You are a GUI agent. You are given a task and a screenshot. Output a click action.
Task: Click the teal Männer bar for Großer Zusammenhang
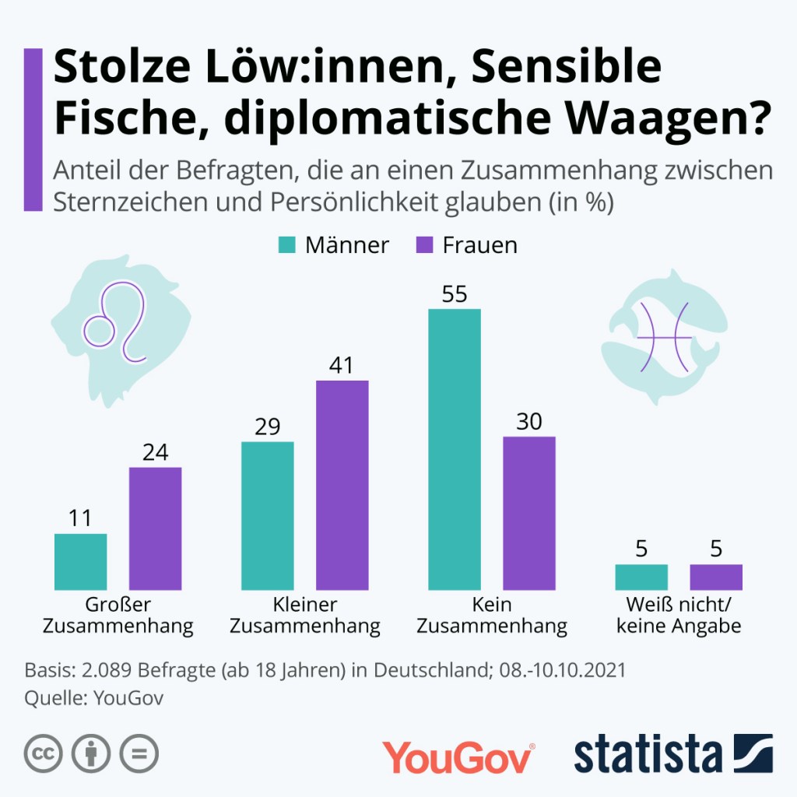coord(80,561)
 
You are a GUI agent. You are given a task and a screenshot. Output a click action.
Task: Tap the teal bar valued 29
coord(267,515)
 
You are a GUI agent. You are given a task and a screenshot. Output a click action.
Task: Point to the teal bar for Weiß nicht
coord(641,577)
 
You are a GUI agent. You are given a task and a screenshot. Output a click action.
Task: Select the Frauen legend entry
coord(467,245)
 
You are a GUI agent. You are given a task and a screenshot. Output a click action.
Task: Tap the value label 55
coord(454,293)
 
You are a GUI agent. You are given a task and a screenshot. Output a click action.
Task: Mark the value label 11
coord(80,518)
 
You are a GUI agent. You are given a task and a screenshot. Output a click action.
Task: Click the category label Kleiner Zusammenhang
coord(304,615)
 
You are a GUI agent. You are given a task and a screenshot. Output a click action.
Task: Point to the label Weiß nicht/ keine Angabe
coord(679,615)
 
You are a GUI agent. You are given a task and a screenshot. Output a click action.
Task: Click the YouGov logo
coord(458,757)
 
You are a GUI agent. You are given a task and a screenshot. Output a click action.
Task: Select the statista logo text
coord(648,755)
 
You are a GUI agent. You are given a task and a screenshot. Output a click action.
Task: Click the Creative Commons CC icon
coord(44,753)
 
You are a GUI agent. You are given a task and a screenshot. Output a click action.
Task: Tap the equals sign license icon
coord(139,753)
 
